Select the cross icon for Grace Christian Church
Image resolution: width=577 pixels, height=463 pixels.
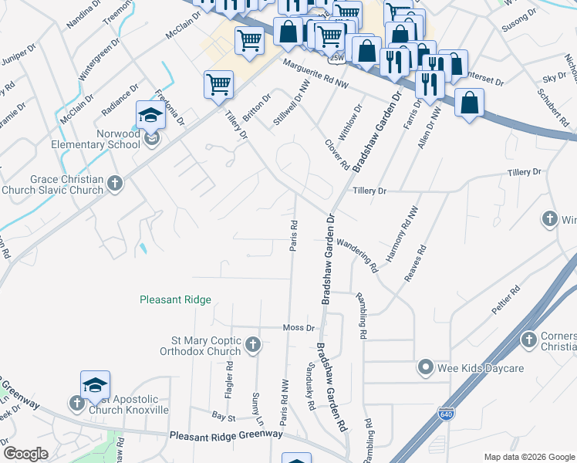tap(115, 183)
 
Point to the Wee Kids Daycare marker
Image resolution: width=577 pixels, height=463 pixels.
tap(424, 368)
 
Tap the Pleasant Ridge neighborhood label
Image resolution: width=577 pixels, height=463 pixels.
tap(175, 299)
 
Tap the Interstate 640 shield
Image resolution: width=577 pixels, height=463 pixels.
tap(446, 415)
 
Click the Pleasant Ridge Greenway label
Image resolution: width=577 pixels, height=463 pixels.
tap(226, 435)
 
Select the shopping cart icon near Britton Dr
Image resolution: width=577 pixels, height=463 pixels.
tap(219, 85)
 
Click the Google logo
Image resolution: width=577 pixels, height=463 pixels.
tap(25, 454)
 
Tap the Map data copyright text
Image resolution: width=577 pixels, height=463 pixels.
tap(528, 457)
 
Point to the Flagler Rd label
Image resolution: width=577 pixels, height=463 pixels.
tap(229, 384)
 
